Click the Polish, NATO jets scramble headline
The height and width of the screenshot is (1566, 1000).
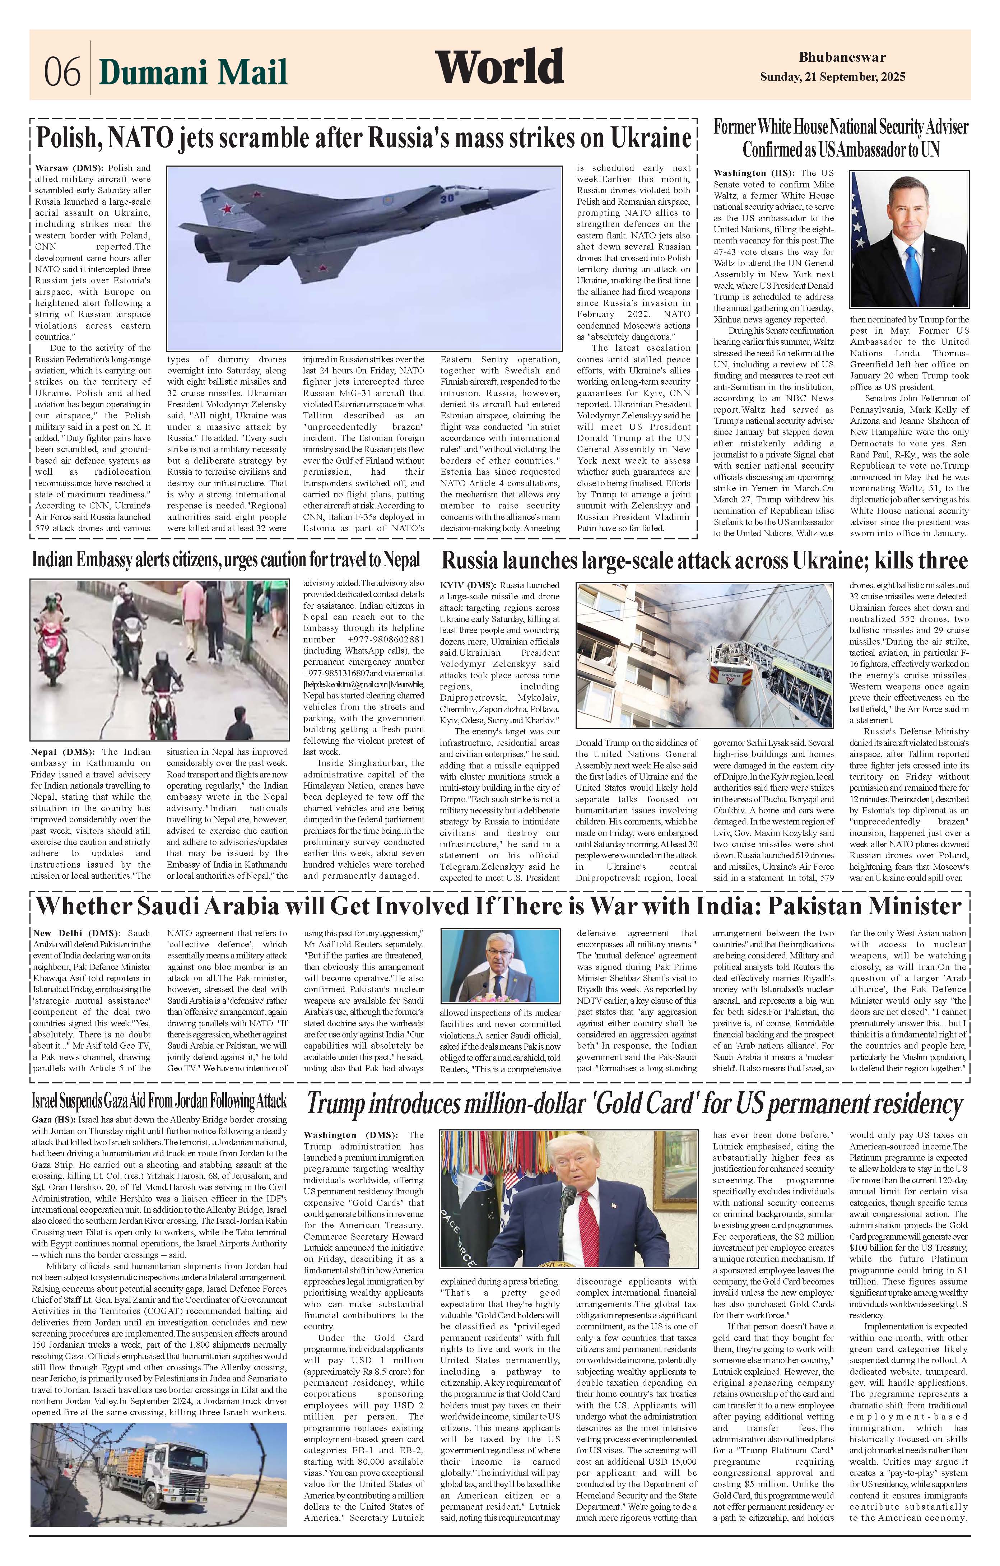click(363, 138)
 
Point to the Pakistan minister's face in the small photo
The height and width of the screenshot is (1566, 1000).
click(501, 959)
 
